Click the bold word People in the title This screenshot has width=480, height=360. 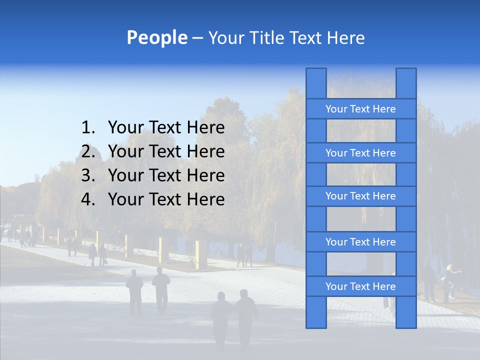[156, 38]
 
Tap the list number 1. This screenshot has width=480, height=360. [87, 128]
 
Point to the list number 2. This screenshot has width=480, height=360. [87, 152]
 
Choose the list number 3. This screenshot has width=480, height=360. [87, 176]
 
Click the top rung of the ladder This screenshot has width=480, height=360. [360, 109]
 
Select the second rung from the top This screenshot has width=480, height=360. [360, 153]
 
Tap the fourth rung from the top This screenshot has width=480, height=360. [360, 242]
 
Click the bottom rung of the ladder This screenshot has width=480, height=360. [360, 286]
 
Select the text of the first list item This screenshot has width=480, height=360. [166, 128]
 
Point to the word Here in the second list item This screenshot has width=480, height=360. [205, 152]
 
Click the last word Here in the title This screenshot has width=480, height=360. [345, 38]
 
